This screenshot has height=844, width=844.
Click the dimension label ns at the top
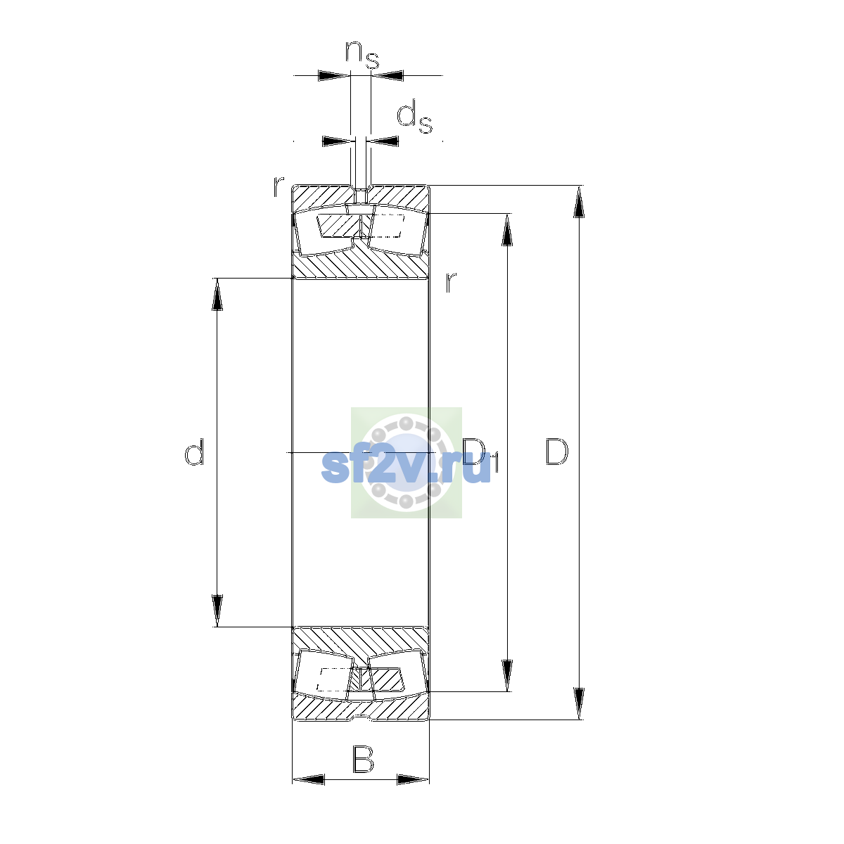point(362,55)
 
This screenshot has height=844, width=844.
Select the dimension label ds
point(414,116)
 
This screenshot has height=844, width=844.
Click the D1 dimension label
point(480,454)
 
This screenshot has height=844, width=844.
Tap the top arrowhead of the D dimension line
point(579,201)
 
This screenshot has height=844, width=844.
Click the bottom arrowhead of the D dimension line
point(579,703)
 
